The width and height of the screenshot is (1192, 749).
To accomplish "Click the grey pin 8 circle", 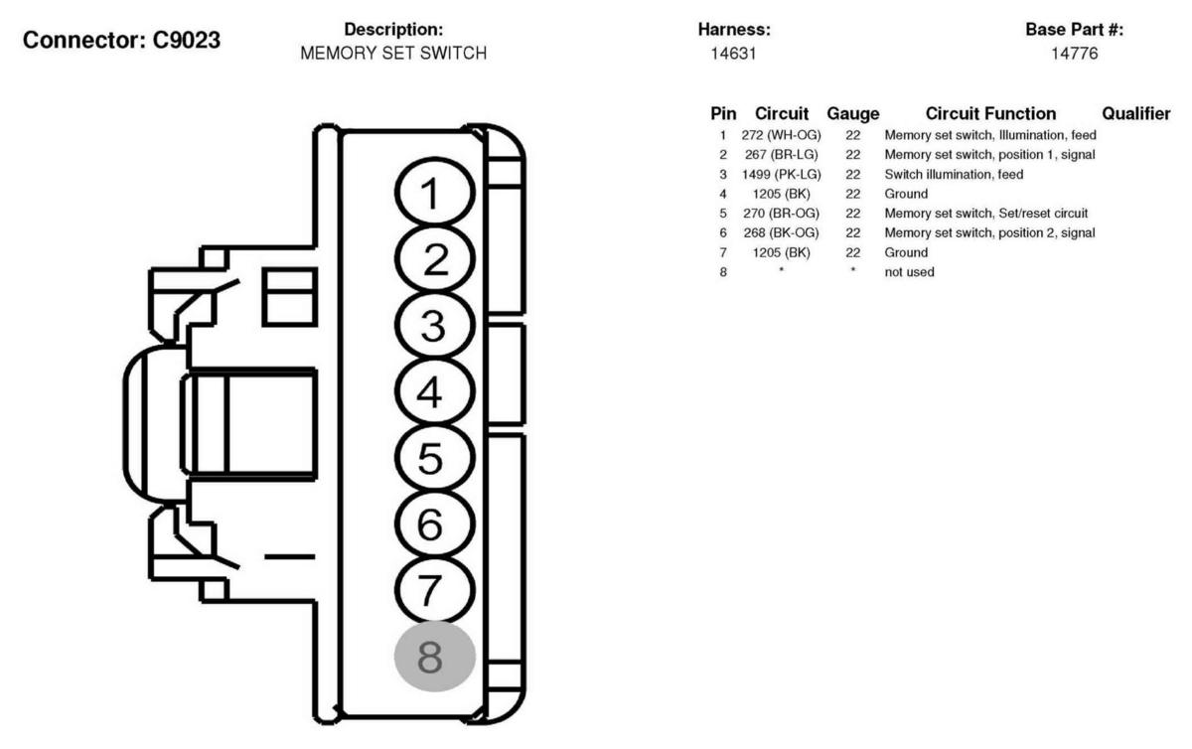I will (435, 656).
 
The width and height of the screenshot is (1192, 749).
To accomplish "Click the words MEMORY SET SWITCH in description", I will (393, 54).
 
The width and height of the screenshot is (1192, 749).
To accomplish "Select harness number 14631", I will (733, 54).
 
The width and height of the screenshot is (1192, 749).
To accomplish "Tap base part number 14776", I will (1074, 54).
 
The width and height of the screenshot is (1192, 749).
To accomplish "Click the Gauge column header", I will (853, 114).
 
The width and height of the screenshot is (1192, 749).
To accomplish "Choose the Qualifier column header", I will (1136, 114).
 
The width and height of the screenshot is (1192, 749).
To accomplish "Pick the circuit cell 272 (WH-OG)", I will (782, 135).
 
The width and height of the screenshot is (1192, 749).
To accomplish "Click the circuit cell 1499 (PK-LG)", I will (782, 174).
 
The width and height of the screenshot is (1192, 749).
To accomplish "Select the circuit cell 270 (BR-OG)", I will (782, 213).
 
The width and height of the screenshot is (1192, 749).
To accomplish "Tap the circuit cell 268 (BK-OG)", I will (782, 232).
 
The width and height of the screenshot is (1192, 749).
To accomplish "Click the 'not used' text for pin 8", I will (909, 271).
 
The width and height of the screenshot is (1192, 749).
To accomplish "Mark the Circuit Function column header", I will (990, 114).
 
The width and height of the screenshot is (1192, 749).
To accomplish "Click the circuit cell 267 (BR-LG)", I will (782, 154).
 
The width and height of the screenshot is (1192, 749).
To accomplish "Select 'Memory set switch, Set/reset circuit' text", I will (986, 213).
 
